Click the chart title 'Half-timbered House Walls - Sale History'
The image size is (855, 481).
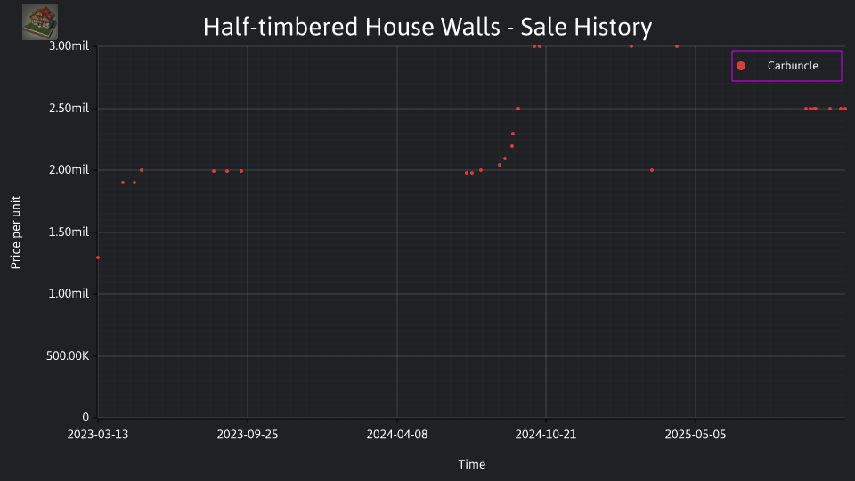pyautogui.click(x=427, y=27)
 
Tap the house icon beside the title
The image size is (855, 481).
pyautogui.click(x=40, y=22)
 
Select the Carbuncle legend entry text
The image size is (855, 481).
pyautogui.click(x=793, y=65)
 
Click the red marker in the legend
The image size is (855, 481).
pyautogui.click(x=741, y=66)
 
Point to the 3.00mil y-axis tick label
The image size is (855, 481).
pyautogui.click(x=69, y=45)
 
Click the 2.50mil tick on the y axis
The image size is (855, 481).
pyautogui.click(x=69, y=108)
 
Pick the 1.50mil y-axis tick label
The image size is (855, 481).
pyautogui.click(x=69, y=232)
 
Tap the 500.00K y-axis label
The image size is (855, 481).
pyautogui.click(x=68, y=355)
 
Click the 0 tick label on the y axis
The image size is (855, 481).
pyautogui.click(x=85, y=417)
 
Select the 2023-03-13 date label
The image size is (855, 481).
pyautogui.click(x=98, y=434)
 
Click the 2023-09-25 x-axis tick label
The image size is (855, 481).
pyautogui.click(x=248, y=434)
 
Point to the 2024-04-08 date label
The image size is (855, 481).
pyautogui.click(x=397, y=434)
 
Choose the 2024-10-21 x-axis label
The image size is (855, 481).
pyautogui.click(x=546, y=434)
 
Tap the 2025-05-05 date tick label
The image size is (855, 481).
pyautogui.click(x=696, y=434)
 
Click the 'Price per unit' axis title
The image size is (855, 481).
pyautogui.click(x=16, y=232)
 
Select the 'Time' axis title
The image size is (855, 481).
pyautogui.click(x=472, y=464)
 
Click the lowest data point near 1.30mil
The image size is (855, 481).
pyautogui.click(x=98, y=257)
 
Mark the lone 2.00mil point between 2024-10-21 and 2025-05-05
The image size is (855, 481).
pyautogui.click(x=652, y=170)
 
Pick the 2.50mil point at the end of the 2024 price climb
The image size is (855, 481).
pyautogui.click(x=518, y=109)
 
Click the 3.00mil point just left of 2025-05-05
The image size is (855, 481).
pyautogui.click(x=677, y=46)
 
